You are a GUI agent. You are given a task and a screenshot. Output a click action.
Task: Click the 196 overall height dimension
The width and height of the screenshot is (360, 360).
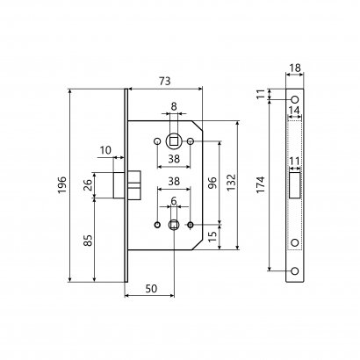click(61, 185)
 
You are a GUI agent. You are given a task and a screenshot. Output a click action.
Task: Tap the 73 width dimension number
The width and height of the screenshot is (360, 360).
click(164, 81)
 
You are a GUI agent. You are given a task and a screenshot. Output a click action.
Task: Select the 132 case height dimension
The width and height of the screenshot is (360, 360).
click(231, 183)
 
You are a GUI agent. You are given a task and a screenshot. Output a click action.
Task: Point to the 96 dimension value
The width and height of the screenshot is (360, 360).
click(213, 183)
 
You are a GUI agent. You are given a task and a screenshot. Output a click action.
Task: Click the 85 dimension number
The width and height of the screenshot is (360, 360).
click(88, 241)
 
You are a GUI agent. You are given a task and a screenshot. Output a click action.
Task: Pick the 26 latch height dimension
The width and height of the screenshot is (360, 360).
click(88, 185)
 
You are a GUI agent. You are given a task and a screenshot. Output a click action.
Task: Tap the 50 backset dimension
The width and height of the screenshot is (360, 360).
click(151, 289)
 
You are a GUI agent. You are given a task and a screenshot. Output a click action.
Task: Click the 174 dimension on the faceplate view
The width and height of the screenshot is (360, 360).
click(261, 184)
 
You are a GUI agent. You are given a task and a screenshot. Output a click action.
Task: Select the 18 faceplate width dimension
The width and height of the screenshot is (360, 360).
click(294, 68)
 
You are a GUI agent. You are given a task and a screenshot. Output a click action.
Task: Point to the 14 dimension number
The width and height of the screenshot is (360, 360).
click(294, 111)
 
